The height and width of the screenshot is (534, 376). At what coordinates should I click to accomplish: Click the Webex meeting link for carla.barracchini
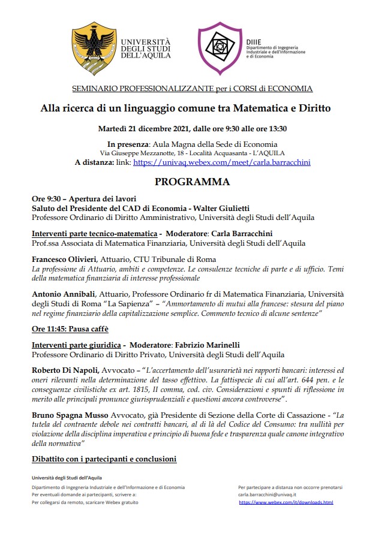[x=222, y=162]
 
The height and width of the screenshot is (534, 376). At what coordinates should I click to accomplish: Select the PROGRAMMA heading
[x=192, y=182]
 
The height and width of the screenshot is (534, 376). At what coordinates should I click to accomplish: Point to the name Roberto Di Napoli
[x=67, y=370]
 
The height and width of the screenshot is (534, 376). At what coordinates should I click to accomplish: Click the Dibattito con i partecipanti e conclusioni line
[x=104, y=459]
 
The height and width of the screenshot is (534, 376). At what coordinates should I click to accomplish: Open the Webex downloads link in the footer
[x=285, y=502]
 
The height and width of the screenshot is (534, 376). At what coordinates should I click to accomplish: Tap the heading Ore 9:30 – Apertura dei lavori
[x=85, y=198]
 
